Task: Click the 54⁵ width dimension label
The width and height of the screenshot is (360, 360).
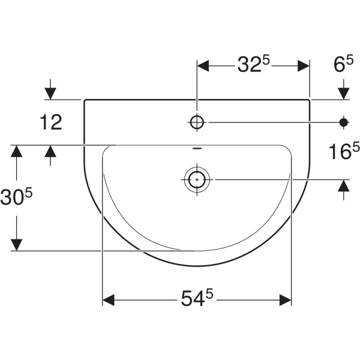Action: (x=197, y=297)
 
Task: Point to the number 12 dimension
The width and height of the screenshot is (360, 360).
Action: (x=52, y=123)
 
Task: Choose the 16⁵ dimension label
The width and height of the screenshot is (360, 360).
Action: (x=343, y=152)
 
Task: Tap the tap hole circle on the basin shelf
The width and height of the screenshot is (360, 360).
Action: (x=196, y=122)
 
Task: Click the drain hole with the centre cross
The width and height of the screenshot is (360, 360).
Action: (x=196, y=179)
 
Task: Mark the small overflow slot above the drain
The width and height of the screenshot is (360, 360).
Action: (x=196, y=148)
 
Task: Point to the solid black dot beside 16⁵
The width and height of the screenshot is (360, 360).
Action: (x=344, y=122)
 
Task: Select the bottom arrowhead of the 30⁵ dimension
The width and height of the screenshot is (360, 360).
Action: (x=17, y=244)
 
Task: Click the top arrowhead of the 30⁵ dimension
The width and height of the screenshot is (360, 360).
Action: (x=17, y=151)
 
